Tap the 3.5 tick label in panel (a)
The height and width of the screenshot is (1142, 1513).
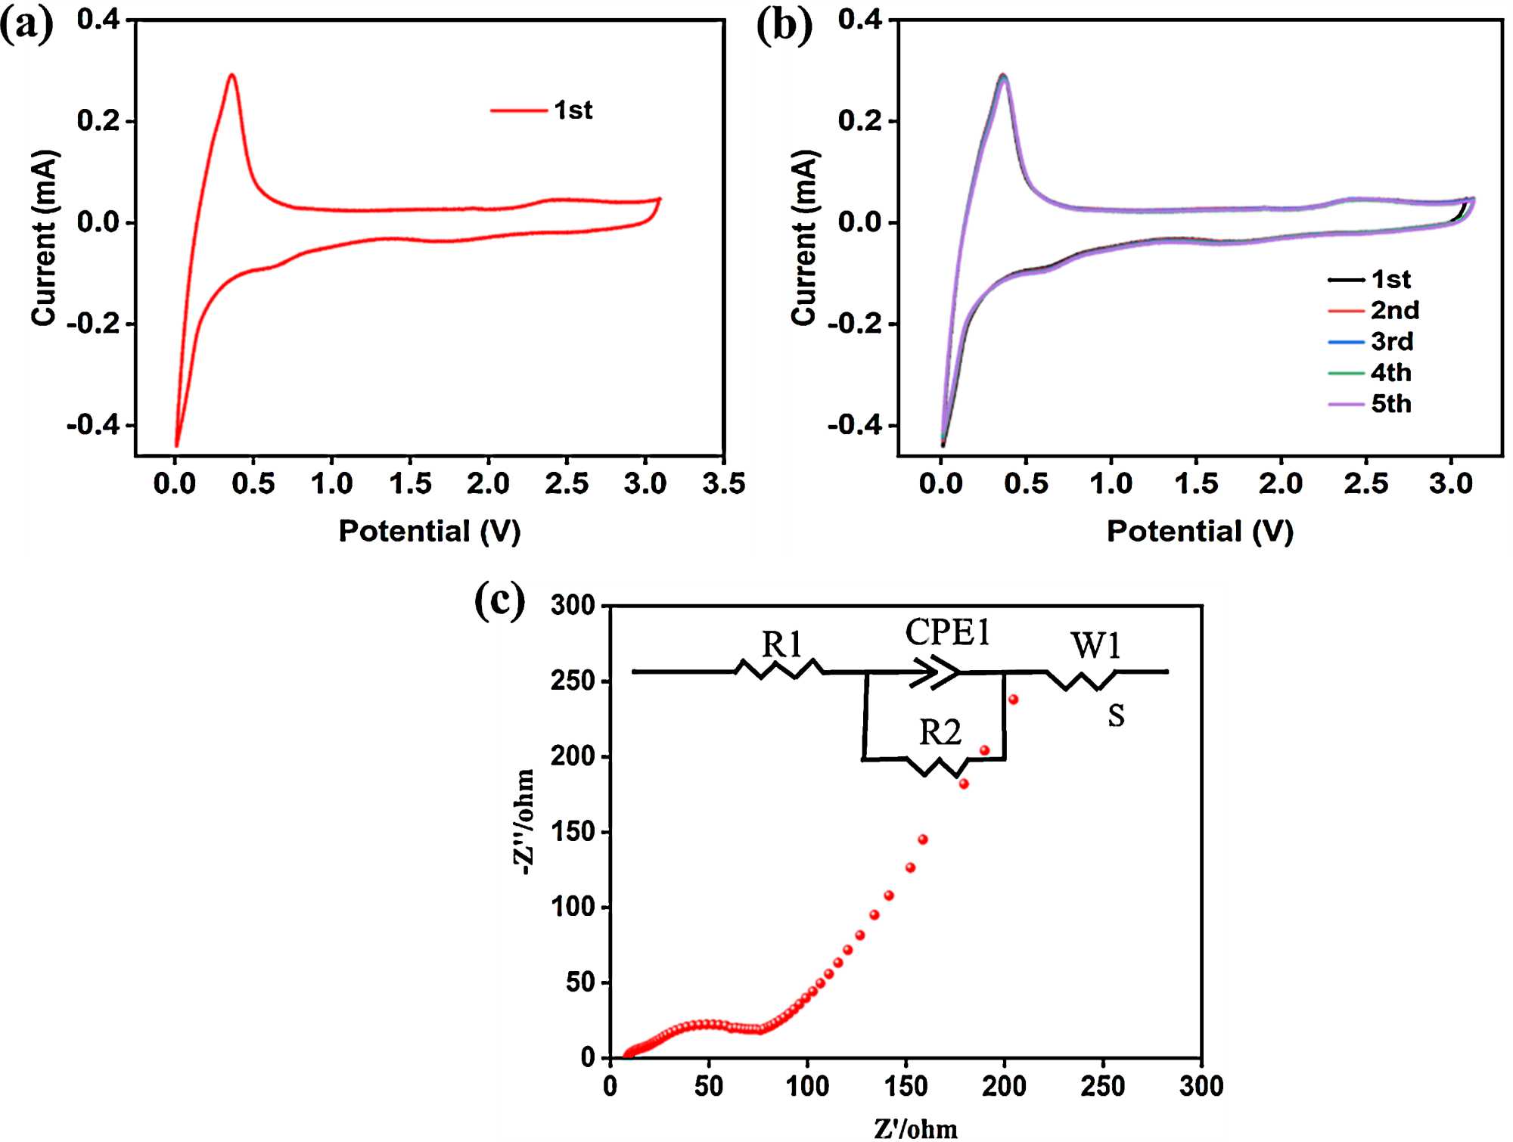click(723, 483)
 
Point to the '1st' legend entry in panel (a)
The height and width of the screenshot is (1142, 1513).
click(573, 110)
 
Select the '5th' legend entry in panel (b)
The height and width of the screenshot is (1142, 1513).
click(1391, 404)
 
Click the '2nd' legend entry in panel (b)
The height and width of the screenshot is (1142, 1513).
click(1394, 310)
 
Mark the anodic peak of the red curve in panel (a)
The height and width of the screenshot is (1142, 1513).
click(231, 75)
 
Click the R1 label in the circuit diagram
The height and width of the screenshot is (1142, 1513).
click(781, 645)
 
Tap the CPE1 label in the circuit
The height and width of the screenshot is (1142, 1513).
click(947, 632)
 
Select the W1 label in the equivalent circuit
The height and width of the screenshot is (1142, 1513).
click(1095, 646)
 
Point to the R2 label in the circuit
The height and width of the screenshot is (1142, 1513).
click(940, 732)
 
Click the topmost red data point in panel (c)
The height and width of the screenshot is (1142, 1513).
click(1013, 700)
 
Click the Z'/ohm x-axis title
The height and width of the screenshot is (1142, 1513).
click(915, 1128)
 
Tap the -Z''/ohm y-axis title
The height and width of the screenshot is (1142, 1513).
click(524, 822)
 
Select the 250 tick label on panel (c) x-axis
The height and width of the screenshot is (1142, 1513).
click(1102, 1086)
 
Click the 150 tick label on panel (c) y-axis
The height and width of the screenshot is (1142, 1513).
click(573, 832)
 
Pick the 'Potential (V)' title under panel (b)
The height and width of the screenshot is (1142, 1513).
click(1200, 531)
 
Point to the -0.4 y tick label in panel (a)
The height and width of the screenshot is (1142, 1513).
click(93, 425)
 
